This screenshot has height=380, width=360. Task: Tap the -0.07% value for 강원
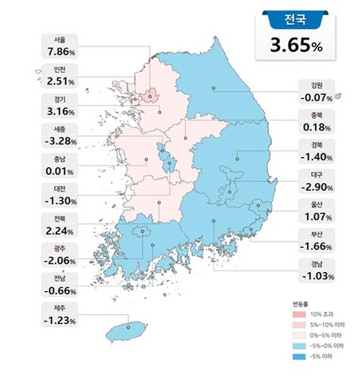pos(311,97)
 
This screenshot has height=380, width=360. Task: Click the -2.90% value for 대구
pos(311,185)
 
